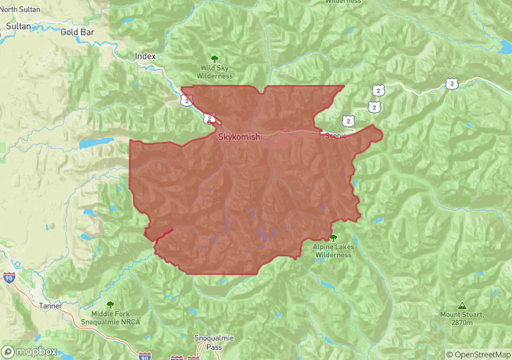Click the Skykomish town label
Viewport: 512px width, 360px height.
[x=239, y=137]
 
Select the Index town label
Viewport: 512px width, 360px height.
[x=145, y=57]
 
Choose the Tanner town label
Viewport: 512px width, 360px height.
[x=50, y=306]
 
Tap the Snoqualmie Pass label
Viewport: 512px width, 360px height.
[x=214, y=343]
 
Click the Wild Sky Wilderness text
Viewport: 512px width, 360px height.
[x=214, y=72]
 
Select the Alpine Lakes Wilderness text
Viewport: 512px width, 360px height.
[x=332, y=251]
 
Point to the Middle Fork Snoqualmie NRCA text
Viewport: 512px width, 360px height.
[x=110, y=317]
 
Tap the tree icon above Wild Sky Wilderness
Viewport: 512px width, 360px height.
[x=214, y=59]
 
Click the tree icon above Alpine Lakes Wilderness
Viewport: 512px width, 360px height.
[x=332, y=237]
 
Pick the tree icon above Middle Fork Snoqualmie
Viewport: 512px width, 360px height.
[x=110, y=304]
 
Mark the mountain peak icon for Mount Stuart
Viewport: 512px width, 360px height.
[x=462, y=305]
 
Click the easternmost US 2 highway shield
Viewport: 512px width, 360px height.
[x=452, y=83]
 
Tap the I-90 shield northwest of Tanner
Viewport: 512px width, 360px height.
[x=9, y=277]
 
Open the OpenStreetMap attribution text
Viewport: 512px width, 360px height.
[x=478, y=355]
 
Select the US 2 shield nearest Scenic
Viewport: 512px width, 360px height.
[x=348, y=120]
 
